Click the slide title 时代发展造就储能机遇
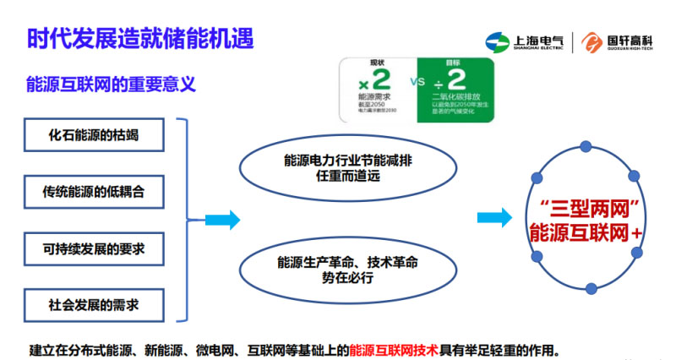click(x=140, y=39)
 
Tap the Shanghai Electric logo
click(x=524, y=42)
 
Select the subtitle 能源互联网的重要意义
click(x=112, y=85)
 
